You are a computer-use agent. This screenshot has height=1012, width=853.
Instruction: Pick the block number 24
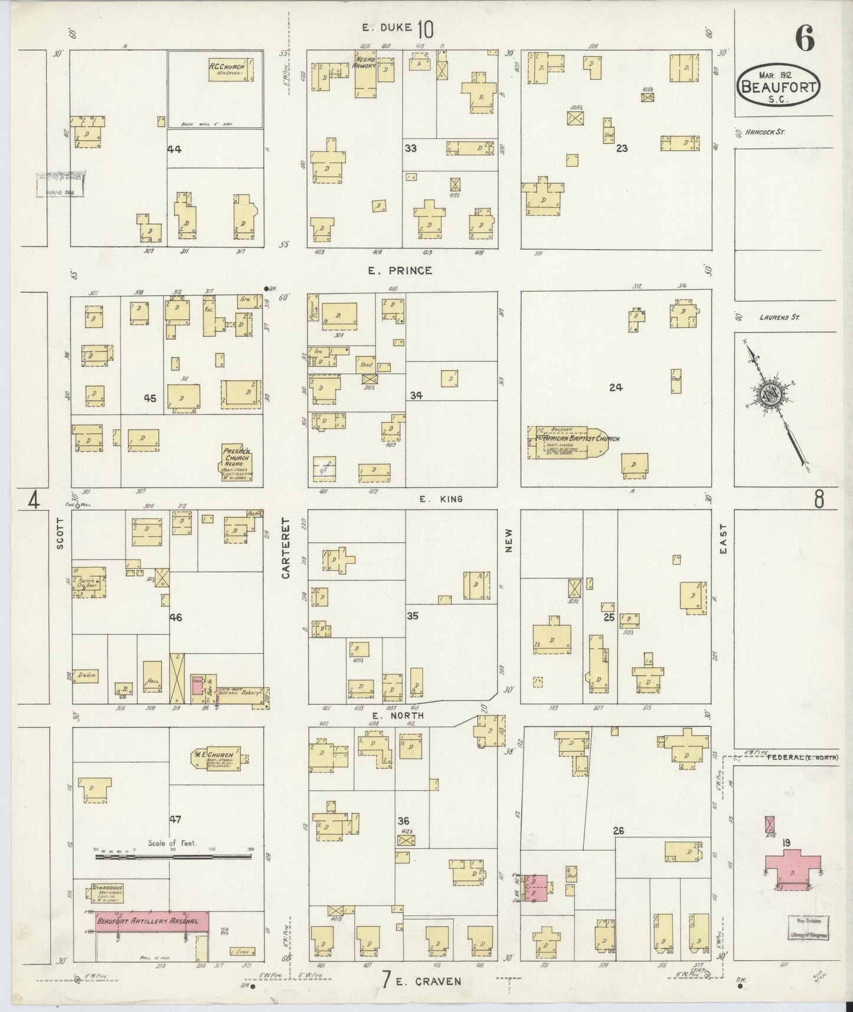click(616, 387)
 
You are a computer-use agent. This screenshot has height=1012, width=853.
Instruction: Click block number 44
click(174, 149)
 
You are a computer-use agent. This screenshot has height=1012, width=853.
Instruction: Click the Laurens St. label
click(780, 318)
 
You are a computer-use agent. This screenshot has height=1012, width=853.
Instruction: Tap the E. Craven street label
click(427, 982)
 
